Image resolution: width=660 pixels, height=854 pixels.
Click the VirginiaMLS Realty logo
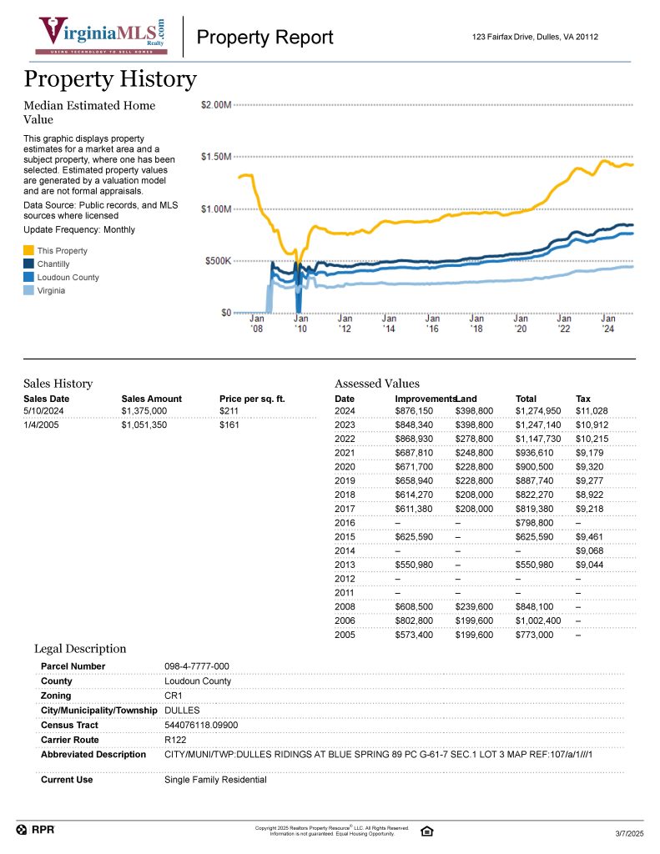tap(101, 36)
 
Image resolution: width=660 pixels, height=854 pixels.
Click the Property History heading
tap(110, 79)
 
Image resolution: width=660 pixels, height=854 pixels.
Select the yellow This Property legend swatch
tap(29, 251)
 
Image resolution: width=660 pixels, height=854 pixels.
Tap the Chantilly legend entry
tap(53, 264)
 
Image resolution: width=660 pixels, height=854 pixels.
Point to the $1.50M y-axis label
tap(216, 157)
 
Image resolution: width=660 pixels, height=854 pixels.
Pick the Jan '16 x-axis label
tap(432, 324)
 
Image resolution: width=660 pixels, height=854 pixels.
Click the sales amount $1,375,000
tap(144, 411)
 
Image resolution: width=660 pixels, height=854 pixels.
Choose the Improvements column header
tap(424, 399)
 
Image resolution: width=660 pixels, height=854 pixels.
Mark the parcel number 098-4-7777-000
tap(197, 666)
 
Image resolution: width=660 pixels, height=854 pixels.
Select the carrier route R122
tap(175, 740)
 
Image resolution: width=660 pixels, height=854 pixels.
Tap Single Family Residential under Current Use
tap(215, 780)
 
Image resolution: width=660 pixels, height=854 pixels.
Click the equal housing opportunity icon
tap(427, 831)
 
